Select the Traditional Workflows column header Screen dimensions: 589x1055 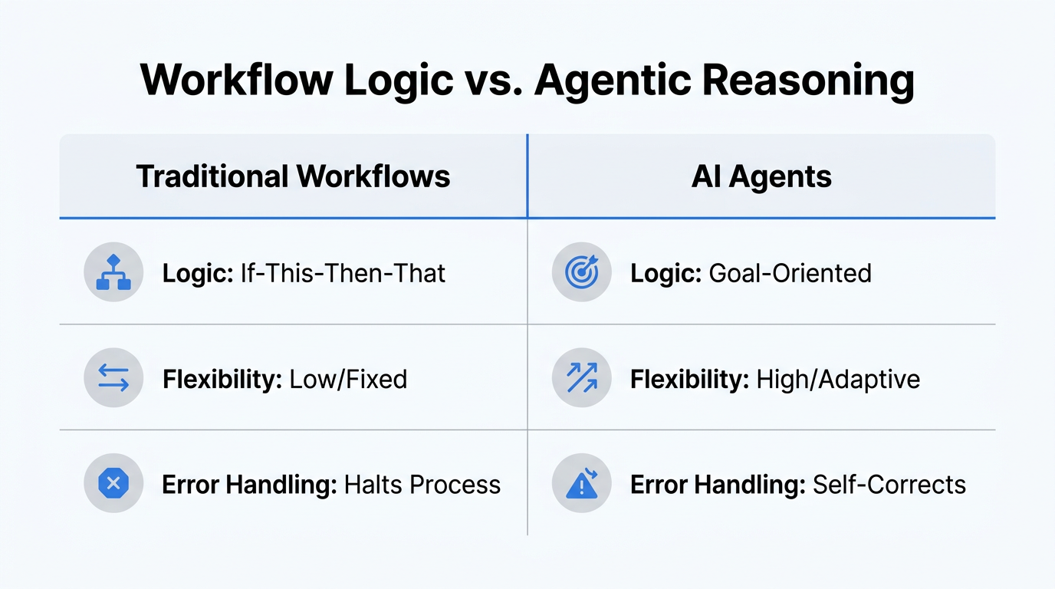(293, 176)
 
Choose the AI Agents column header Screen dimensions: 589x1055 (761, 176)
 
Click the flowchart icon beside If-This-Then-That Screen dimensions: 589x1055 (113, 272)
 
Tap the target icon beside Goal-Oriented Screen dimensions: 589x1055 (581, 272)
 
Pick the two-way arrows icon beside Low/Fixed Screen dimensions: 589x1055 (113, 378)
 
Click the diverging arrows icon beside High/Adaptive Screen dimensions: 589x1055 (581, 378)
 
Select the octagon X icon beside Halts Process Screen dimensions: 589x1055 (113, 484)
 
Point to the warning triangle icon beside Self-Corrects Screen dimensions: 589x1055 (581, 484)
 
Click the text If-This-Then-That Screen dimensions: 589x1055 (343, 273)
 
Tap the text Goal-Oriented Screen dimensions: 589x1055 (790, 273)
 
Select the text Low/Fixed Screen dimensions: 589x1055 (347, 379)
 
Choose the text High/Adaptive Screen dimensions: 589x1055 (838, 379)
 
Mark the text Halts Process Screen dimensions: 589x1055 (422, 485)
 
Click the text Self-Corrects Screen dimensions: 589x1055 (889, 485)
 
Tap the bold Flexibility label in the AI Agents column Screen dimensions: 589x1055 (689, 379)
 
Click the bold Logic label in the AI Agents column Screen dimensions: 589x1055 (665, 273)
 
